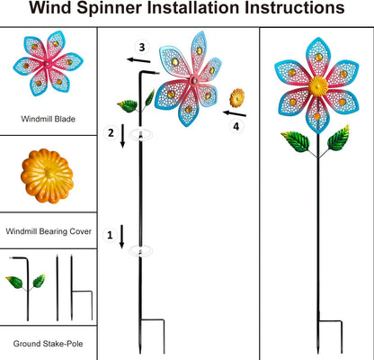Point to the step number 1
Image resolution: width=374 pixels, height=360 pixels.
pyautogui.click(x=110, y=236)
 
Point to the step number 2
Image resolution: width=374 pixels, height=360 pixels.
pyautogui.click(x=110, y=133)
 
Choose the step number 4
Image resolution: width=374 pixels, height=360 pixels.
pyautogui.click(x=236, y=127)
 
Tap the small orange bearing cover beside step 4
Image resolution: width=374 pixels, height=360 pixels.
pyautogui.click(x=237, y=96)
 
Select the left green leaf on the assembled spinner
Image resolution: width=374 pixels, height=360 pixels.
pyautogui.click(x=293, y=140)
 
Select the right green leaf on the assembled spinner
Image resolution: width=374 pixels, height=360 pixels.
pyautogui.click(x=339, y=138)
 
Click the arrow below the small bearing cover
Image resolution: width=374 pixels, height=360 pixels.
pyautogui.click(x=234, y=114)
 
